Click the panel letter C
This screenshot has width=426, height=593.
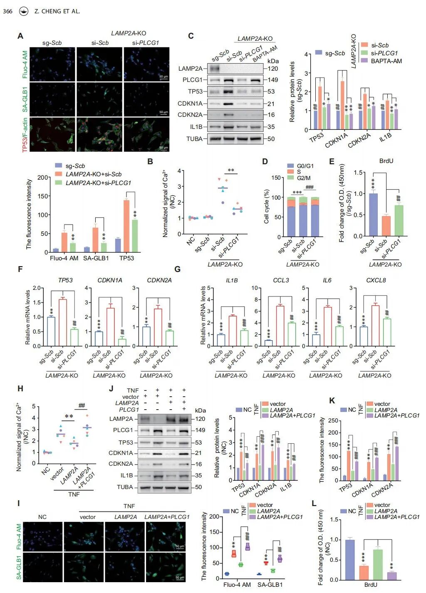[191, 36]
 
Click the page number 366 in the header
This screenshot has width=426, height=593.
[7, 11]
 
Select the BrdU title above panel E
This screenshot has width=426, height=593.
[386, 161]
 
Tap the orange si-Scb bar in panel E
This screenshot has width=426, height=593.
[386, 226]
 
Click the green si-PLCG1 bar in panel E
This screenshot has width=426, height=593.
[399, 220]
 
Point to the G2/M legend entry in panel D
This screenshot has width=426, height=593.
[303, 178]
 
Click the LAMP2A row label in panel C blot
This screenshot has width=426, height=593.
[190, 69]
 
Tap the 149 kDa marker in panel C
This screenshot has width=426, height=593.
[272, 80]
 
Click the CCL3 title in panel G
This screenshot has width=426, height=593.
[281, 280]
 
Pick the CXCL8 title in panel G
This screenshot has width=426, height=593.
[376, 280]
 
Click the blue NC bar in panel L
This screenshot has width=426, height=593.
[349, 559]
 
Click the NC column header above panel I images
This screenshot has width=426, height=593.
[42, 517]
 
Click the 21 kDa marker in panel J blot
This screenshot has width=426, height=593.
[198, 453]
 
